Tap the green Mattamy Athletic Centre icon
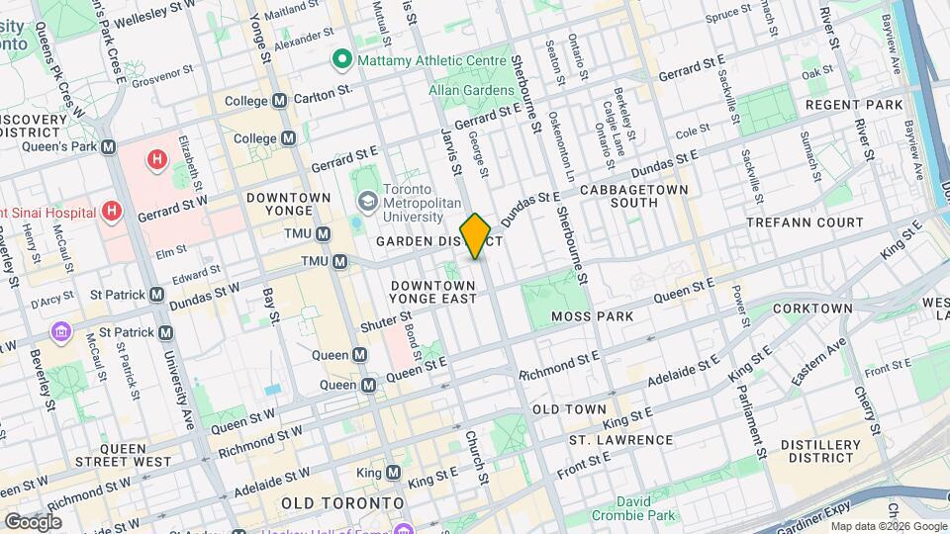[x=342, y=60]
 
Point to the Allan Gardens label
[x=466, y=90]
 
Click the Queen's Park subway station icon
[x=108, y=147]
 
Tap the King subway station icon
[x=394, y=473]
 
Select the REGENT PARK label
[x=854, y=105]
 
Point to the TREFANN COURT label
[x=818, y=223]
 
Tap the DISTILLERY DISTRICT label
[x=820, y=451]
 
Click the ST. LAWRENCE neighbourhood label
[x=620, y=440]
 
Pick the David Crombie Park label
[x=633, y=508]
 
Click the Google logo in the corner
[x=33, y=521]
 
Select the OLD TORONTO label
[x=342, y=503]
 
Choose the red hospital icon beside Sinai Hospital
[x=112, y=212]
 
